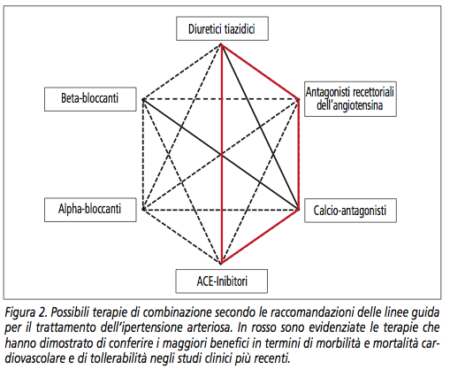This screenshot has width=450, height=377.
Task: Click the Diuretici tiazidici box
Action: pyautogui.click(x=222, y=28)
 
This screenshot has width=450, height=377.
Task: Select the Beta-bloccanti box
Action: pyautogui.click(x=90, y=99)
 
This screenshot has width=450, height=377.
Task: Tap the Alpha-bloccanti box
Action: pyautogui.click(x=90, y=210)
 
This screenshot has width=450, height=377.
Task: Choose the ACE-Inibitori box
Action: pyautogui.click(x=222, y=281)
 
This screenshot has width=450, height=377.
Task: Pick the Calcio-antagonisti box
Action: pyautogui.click(x=350, y=211)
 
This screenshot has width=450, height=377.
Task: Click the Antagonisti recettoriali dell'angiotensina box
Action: pyautogui.click(x=350, y=99)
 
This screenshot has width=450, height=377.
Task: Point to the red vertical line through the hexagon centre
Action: pyautogui.click(x=222, y=153)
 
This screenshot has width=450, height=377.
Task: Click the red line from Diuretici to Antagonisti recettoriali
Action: pyautogui.click(x=260, y=72)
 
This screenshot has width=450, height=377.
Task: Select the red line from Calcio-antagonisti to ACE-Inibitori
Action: pyautogui.click(x=260, y=236)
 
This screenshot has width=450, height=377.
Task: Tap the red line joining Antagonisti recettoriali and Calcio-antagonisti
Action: pyautogui.click(x=299, y=155)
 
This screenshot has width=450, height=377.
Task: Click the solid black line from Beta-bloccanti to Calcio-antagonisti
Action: pyautogui.click(x=221, y=155)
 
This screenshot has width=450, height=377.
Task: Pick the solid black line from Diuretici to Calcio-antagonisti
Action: pyautogui.click(x=260, y=127)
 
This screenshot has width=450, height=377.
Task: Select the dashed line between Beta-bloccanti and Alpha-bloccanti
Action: pyautogui.click(x=143, y=155)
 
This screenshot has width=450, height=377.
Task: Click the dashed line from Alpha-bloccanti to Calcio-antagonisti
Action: pyautogui.click(x=221, y=210)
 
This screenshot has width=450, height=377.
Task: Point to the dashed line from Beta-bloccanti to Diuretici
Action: pyautogui.click(x=182, y=72)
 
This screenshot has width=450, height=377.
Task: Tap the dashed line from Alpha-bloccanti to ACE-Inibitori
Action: pyautogui.click(x=182, y=236)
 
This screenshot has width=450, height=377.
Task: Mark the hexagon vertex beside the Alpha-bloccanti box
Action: pyautogui.click(x=143, y=210)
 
